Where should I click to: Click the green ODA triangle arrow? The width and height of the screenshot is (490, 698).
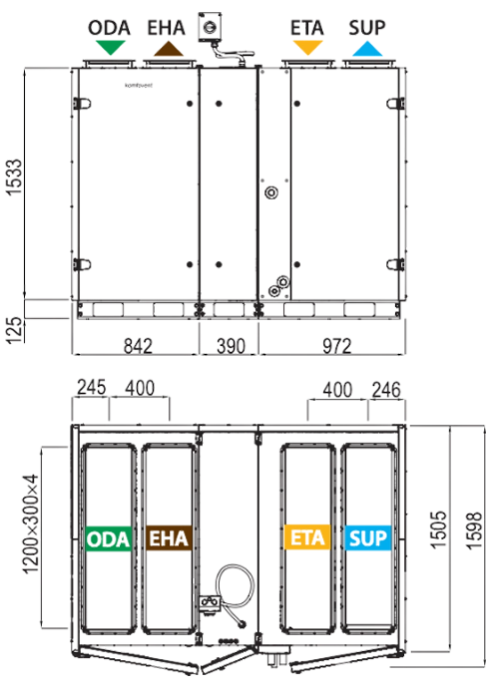[x=110, y=47]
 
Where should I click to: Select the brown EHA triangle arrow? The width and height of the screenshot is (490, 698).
[x=169, y=49]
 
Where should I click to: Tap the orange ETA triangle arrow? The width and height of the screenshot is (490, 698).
[x=307, y=47]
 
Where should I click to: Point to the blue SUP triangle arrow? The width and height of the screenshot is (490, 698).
[x=367, y=49]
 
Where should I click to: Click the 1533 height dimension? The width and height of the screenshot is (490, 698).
[x=15, y=176]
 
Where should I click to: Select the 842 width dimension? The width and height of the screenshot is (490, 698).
[x=138, y=346]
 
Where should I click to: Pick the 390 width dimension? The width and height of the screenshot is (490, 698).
[x=231, y=346]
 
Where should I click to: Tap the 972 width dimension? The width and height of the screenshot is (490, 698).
[x=337, y=346]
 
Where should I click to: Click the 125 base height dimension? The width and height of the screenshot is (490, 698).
[x=15, y=330]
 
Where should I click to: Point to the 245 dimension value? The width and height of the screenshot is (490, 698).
[x=92, y=387]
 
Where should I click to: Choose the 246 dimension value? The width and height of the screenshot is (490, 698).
[x=386, y=390]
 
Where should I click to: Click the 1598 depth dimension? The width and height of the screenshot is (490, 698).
[x=474, y=530]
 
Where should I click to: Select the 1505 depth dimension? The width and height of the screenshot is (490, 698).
[x=438, y=528]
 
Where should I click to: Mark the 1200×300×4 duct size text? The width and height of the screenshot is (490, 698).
[x=30, y=523]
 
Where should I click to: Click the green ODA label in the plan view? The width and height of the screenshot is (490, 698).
[x=108, y=538]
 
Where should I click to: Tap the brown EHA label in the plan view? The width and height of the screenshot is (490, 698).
[x=169, y=537]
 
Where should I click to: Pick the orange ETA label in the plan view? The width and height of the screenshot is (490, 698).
[x=307, y=537]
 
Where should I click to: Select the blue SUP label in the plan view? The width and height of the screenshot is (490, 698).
[x=367, y=537]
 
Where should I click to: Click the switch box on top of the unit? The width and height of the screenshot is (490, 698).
[x=210, y=27]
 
